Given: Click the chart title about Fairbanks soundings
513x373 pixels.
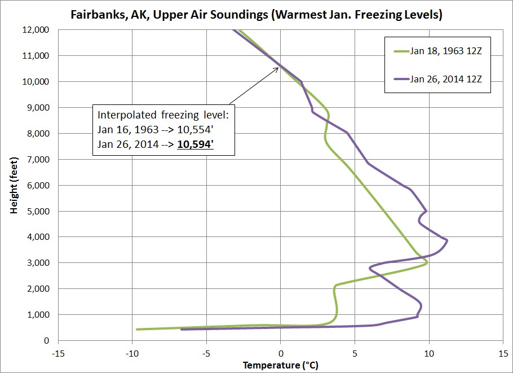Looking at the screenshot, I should tap(256, 15).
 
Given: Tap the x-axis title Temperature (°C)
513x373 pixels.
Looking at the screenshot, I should tap(280, 365).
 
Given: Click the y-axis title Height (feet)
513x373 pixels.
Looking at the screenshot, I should tap(14, 185).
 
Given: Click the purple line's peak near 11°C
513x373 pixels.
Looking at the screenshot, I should tap(446, 240).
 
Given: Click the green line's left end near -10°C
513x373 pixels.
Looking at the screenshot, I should tap(138, 329).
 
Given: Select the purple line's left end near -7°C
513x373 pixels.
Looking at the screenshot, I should tap(182, 329).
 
